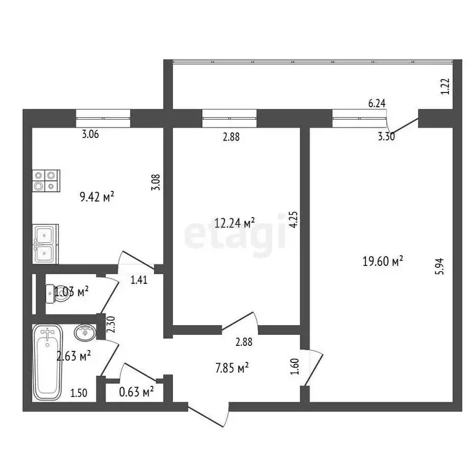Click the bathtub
click(47, 362)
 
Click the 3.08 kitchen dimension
click(155, 183)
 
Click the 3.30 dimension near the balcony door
click(386, 137)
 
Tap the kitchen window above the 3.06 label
click(103, 117)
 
